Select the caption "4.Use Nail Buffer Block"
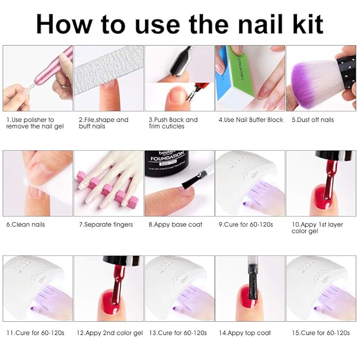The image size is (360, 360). (251, 120)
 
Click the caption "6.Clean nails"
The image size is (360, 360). (25, 224)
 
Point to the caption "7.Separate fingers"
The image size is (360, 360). (106, 224)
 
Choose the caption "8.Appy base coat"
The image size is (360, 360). (175, 224)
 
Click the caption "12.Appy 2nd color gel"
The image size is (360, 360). (110, 332)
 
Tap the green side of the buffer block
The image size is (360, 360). (239, 74)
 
